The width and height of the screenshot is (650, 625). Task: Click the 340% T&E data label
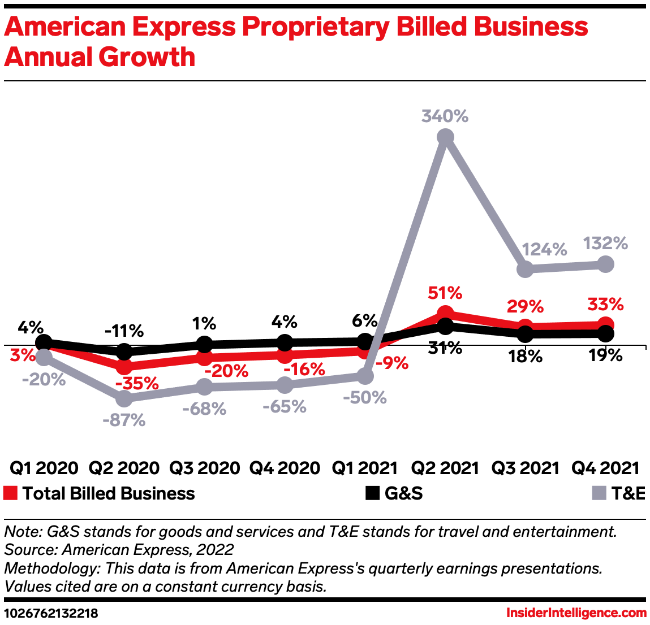click(x=445, y=116)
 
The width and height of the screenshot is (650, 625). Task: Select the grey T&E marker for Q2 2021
click(x=445, y=137)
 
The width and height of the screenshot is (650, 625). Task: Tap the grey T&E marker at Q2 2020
click(x=124, y=399)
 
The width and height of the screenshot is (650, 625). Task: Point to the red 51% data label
click(x=445, y=293)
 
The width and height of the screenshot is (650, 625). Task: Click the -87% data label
click(x=124, y=420)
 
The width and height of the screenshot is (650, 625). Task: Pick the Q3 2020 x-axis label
click(x=204, y=468)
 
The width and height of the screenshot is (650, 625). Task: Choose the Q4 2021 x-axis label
click(x=605, y=468)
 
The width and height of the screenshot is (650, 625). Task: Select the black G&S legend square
click(x=372, y=493)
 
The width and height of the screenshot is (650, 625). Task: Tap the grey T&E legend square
click(x=599, y=493)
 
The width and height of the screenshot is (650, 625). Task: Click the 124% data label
click(x=544, y=249)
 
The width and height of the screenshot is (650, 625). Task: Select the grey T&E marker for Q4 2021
click(x=605, y=264)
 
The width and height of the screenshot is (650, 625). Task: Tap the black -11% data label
click(x=124, y=331)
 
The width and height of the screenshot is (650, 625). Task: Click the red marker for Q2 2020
click(x=124, y=366)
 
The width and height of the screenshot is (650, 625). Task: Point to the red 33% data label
click(x=605, y=305)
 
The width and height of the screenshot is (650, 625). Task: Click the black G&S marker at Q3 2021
click(x=526, y=334)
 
